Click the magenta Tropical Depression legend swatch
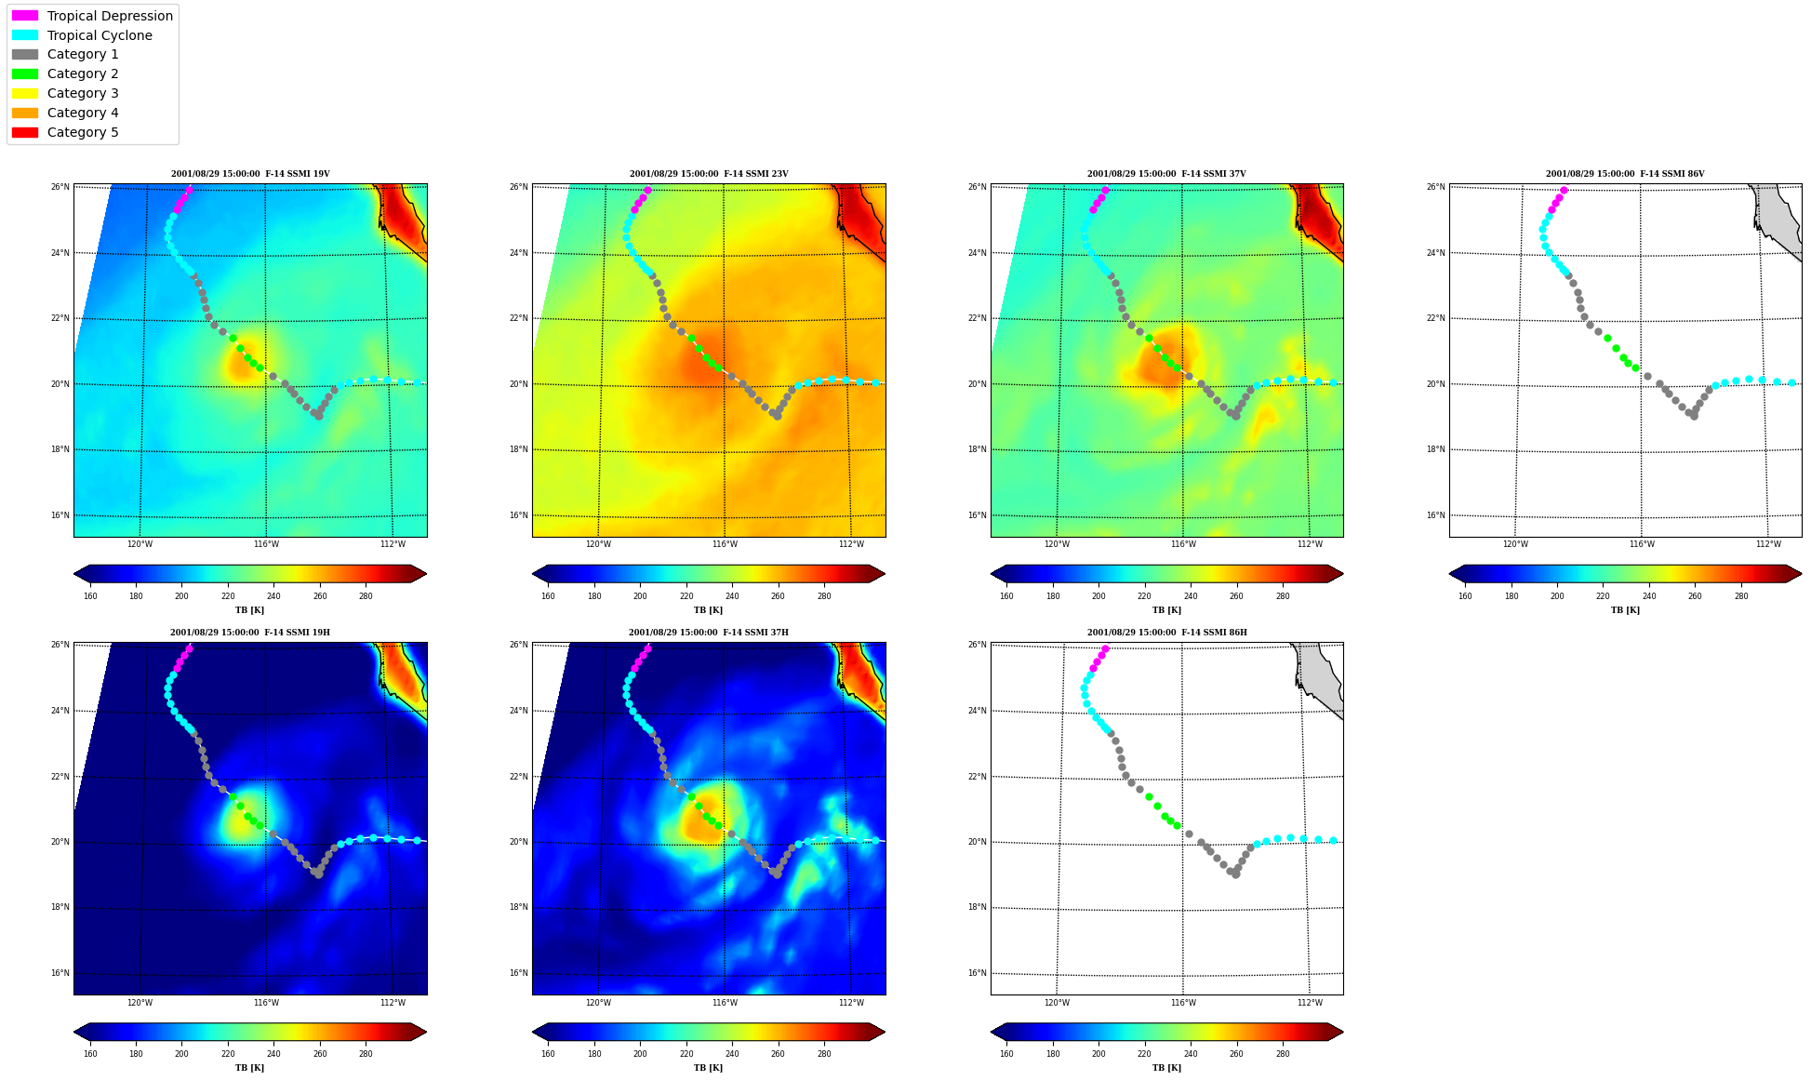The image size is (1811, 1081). pyautogui.click(x=25, y=16)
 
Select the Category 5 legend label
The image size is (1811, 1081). pyautogui.click(x=83, y=132)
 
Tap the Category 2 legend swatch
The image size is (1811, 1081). pyautogui.click(x=25, y=73)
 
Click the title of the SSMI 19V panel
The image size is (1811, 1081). pyautogui.click(x=250, y=174)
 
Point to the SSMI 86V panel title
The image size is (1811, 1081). pyautogui.click(x=1625, y=174)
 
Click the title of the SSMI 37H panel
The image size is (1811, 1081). pyautogui.click(x=709, y=633)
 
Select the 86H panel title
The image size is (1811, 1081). pyautogui.click(x=1167, y=633)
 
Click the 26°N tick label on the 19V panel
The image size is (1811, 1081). pyautogui.click(x=60, y=187)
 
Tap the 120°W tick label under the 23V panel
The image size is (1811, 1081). pyautogui.click(x=598, y=544)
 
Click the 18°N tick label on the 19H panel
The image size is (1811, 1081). pyautogui.click(x=60, y=907)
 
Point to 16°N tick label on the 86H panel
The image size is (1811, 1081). pyautogui.click(x=978, y=973)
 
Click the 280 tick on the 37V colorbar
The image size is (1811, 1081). pyautogui.click(x=1283, y=596)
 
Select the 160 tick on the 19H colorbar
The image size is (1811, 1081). pyautogui.click(x=90, y=1054)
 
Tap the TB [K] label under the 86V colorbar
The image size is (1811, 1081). pyautogui.click(x=1625, y=610)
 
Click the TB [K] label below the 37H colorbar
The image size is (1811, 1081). pyautogui.click(x=709, y=1068)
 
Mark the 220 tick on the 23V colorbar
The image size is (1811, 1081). pyautogui.click(x=686, y=596)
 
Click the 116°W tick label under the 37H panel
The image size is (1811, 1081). pyautogui.click(x=725, y=1003)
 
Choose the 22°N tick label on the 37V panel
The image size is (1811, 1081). pyautogui.click(x=978, y=318)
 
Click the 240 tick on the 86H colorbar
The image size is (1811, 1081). pyautogui.click(x=1191, y=1054)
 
